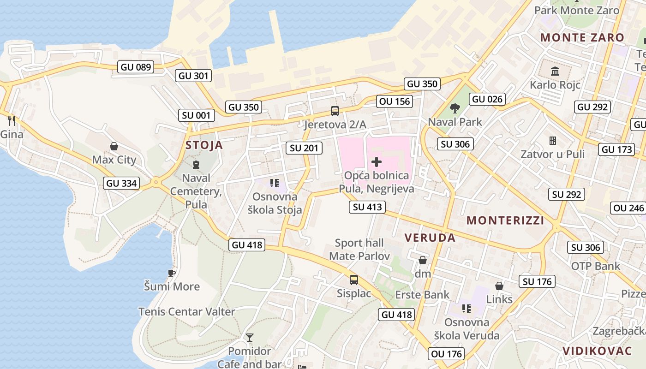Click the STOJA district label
coord(204,145)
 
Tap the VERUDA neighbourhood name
coord(430,238)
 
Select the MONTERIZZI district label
coord(505,220)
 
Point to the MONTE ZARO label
coord(582,38)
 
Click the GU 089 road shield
coord(136,67)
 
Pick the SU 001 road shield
coord(196,115)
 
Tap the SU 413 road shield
coord(367,207)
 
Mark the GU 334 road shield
coord(121,183)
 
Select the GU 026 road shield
coord(487,99)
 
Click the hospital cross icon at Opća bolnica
coord(377,162)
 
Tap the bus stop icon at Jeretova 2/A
coord(335,111)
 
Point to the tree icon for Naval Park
coord(455,108)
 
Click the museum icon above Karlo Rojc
coord(555,71)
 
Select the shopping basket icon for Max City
coord(114,147)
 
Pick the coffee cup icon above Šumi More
coord(172,273)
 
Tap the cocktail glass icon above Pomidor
coord(250,338)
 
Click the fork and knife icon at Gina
coord(12,121)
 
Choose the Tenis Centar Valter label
coord(187,312)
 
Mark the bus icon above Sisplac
coord(354,280)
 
